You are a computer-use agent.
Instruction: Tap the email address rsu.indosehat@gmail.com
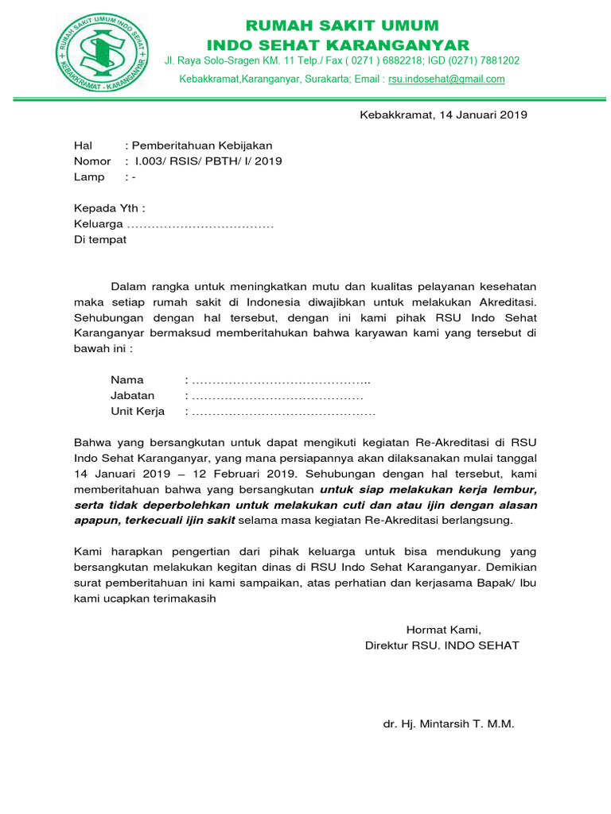click(x=446, y=79)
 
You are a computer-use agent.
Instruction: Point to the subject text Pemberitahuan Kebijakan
click(x=201, y=145)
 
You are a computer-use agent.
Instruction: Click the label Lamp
click(x=89, y=177)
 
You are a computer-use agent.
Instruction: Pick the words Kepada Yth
click(x=109, y=208)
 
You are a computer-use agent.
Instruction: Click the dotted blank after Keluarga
click(x=200, y=224)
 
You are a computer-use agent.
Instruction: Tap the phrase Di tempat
click(x=100, y=239)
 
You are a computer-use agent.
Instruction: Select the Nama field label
click(x=127, y=380)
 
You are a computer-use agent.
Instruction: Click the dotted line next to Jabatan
click(x=277, y=396)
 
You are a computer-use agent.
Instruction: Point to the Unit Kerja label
click(x=138, y=411)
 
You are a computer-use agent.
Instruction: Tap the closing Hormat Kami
click(x=443, y=630)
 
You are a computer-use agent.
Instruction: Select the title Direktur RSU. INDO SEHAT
click(x=442, y=645)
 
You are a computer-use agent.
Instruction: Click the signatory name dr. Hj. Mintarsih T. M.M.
click(x=449, y=724)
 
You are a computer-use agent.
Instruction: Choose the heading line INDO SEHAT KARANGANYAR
click(x=338, y=45)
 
